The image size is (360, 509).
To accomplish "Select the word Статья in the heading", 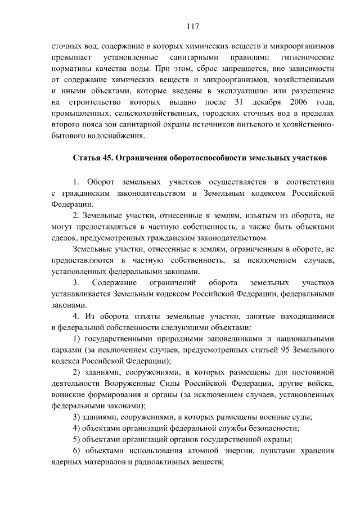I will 85,158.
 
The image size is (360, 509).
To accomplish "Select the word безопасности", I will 263,428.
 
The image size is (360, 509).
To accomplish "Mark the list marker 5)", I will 78,439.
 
